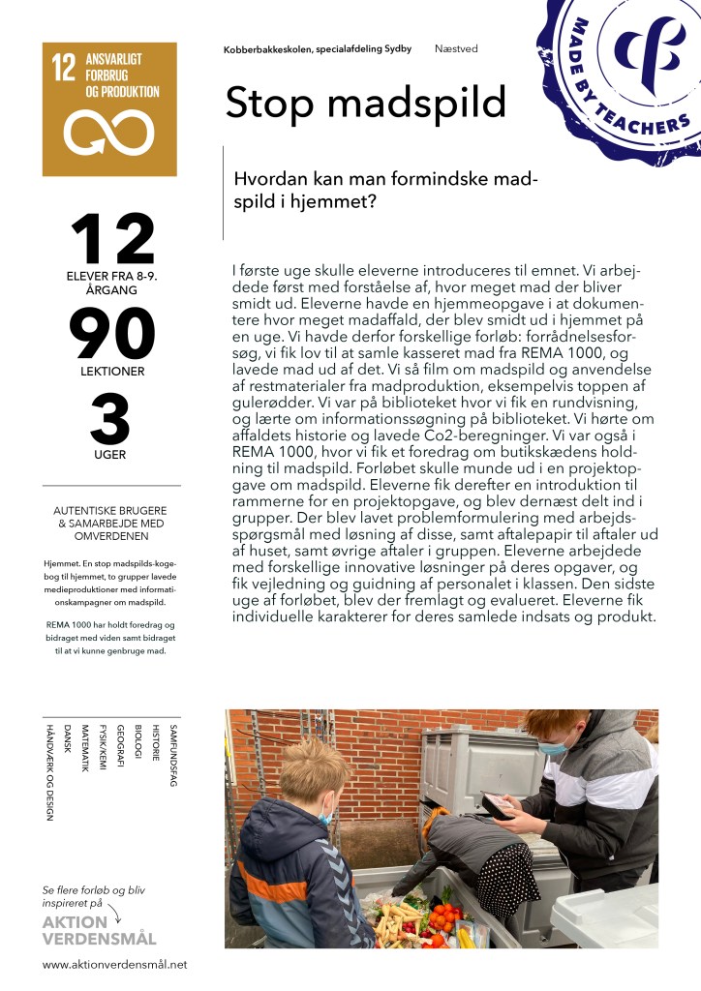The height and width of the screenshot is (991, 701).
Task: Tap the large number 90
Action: coord(111,335)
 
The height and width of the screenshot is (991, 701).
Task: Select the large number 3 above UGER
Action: coord(110,419)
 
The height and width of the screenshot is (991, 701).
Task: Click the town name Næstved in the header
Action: coord(456,48)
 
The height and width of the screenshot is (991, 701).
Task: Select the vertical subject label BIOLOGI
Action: coord(137,746)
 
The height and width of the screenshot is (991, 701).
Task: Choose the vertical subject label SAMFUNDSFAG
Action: coord(172,755)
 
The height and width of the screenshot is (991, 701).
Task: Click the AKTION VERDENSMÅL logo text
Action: coord(99,930)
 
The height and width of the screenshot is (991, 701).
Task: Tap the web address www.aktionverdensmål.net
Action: coord(114,964)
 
